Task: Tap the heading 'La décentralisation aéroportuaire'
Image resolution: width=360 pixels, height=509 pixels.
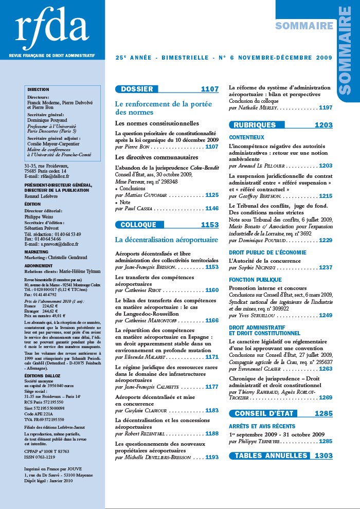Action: (167, 240)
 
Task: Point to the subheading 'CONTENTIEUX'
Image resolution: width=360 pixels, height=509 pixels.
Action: (246, 138)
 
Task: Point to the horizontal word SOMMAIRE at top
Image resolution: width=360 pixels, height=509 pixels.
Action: (304, 26)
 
